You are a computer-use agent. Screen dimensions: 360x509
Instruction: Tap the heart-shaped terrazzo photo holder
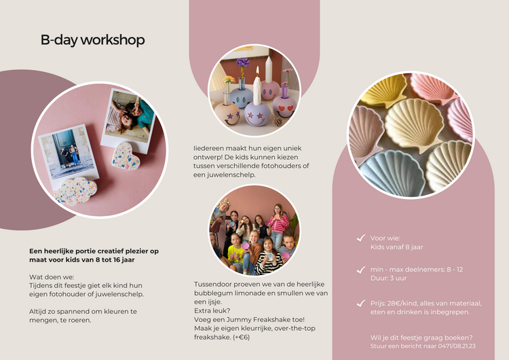pyautogui.click(x=126, y=156)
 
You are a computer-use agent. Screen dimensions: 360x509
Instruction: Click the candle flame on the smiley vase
pyautogui.click(x=257, y=81)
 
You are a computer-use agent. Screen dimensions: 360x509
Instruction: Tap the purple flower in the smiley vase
pyautogui.click(x=243, y=63)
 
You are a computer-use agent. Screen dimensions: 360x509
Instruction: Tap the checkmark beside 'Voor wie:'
pyautogui.click(x=361, y=238)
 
